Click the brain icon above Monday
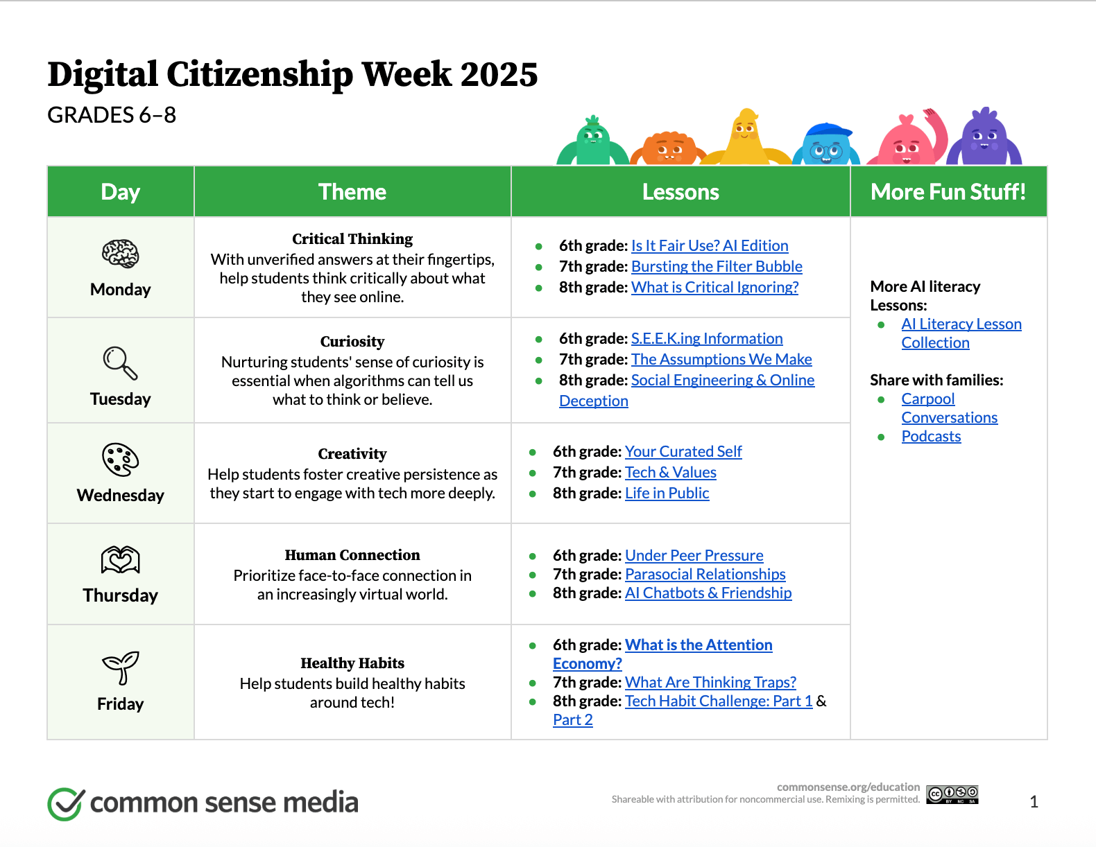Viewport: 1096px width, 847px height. coord(120,254)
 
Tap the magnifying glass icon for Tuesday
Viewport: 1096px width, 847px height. coord(120,363)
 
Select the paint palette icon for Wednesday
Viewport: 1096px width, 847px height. coord(120,460)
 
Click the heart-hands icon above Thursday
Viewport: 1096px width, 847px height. coord(120,560)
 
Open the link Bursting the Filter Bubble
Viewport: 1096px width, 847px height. coord(717,266)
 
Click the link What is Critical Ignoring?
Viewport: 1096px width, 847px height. coord(714,287)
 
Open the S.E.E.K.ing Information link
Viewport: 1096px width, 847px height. coord(707,338)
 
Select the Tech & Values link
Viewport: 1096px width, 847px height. coord(670,472)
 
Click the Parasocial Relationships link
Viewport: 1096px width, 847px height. coord(705,574)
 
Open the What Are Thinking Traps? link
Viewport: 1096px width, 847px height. coord(710,682)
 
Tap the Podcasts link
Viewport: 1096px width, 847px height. coord(931,436)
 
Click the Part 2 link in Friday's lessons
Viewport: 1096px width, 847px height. coord(572,719)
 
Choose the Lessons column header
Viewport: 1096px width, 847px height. coord(680,191)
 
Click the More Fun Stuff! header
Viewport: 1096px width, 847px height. coord(948,191)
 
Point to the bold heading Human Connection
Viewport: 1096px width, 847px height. coord(352,555)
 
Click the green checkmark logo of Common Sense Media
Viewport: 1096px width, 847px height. coord(66,803)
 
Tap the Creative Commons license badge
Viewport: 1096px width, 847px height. coord(952,794)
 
